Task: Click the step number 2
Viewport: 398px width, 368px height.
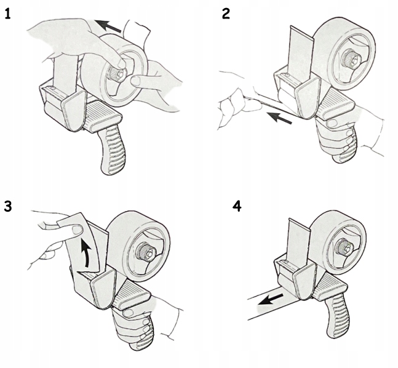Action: click(226, 14)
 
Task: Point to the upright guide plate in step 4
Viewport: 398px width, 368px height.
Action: click(300, 241)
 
